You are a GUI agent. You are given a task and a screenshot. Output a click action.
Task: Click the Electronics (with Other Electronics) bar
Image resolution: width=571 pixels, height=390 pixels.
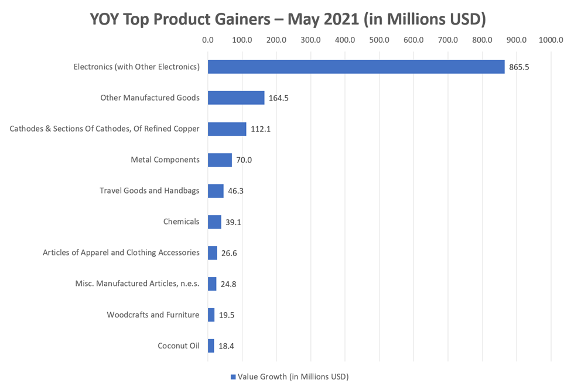coord(355,67)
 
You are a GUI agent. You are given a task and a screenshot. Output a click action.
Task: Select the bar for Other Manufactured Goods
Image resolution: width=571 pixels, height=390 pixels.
coord(236,98)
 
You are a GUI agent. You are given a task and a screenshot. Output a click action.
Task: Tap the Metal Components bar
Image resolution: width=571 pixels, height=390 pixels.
coord(220,160)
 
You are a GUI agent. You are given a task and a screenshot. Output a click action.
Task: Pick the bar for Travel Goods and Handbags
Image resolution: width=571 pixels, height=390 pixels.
coord(216,191)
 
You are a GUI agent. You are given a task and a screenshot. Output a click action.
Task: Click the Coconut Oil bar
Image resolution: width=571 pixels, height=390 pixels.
coord(211,346)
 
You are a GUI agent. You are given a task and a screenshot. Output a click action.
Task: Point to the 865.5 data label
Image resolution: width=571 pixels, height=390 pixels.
coord(519,67)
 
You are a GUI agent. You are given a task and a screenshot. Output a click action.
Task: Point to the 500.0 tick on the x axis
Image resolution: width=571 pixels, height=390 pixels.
coord(379,40)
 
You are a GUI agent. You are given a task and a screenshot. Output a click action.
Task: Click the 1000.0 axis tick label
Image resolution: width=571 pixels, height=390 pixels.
coord(551,40)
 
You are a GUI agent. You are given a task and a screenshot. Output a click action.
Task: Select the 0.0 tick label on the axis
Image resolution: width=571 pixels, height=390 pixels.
coord(207,40)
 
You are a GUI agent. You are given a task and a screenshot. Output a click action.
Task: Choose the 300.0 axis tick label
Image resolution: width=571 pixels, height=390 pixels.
coord(310,40)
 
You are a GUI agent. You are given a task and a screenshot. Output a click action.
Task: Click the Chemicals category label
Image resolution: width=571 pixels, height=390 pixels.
coord(181,222)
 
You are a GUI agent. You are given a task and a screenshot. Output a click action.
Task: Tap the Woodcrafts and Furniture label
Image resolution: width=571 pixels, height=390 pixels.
coord(153,315)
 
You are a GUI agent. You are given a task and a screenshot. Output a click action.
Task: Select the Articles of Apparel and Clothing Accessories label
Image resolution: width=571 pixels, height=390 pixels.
coord(121,253)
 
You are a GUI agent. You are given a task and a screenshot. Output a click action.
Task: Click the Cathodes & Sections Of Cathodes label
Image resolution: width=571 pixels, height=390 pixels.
coord(104,129)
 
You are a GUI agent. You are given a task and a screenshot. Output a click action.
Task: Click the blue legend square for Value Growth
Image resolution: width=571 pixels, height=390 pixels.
coord(232,377)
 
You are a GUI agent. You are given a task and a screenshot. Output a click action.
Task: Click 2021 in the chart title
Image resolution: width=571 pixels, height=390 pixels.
coord(339,19)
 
